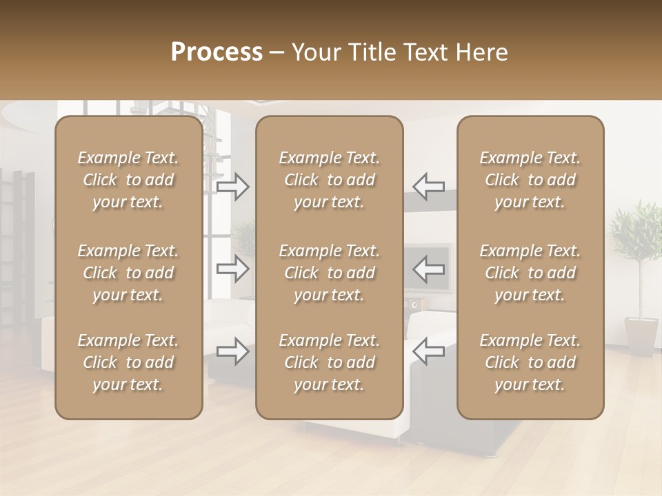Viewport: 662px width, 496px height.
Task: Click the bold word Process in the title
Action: click(x=217, y=52)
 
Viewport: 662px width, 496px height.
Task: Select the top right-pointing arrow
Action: click(x=232, y=187)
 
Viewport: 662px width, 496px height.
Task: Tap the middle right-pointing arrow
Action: click(x=232, y=268)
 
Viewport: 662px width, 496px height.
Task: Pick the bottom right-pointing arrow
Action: click(x=232, y=351)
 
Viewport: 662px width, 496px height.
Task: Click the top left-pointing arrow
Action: click(x=429, y=187)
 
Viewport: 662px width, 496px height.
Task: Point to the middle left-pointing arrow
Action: click(x=429, y=268)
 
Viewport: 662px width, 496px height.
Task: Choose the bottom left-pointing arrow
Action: click(x=429, y=351)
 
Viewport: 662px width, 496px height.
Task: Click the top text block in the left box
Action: click(x=128, y=180)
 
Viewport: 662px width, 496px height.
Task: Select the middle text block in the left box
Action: click(x=128, y=273)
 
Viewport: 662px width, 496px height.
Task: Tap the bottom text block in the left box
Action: click(x=128, y=362)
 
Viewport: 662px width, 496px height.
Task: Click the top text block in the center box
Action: click(x=330, y=180)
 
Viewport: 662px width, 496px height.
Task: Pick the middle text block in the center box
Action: click(x=330, y=273)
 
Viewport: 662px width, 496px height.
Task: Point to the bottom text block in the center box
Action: click(x=330, y=362)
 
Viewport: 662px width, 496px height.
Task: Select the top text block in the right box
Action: click(x=530, y=180)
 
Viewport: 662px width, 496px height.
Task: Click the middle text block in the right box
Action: click(x=530, y=273)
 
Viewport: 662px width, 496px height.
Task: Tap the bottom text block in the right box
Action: click(x=530, y=362)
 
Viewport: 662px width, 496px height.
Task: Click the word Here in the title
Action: click(x=484, y=52)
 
